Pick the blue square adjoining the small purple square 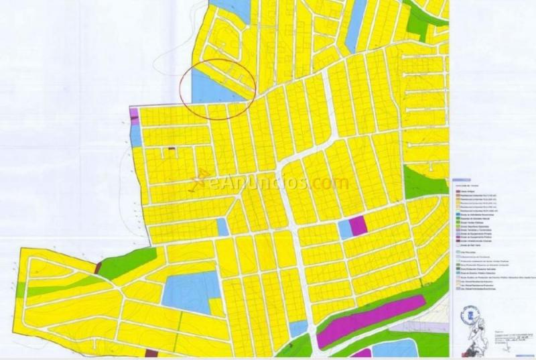click(x=344, y=229)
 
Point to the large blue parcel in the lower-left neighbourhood click(x=187, y=294)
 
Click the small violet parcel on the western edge click(x=133, y=113)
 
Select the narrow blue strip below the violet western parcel click(x=135, y=135)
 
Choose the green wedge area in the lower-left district click(x=127, y=263)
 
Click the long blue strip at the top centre click(x=355, y=27)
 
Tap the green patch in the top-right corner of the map click(x=420, y=20)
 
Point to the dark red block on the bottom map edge click(x=362, y=353)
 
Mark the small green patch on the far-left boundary click(x=21, y=290)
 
